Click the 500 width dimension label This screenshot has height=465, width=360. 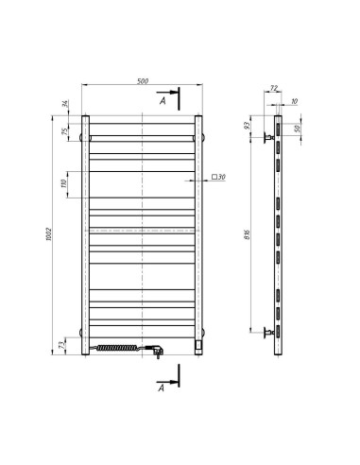[141, 81]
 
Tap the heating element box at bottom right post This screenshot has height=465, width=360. [197, 347]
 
